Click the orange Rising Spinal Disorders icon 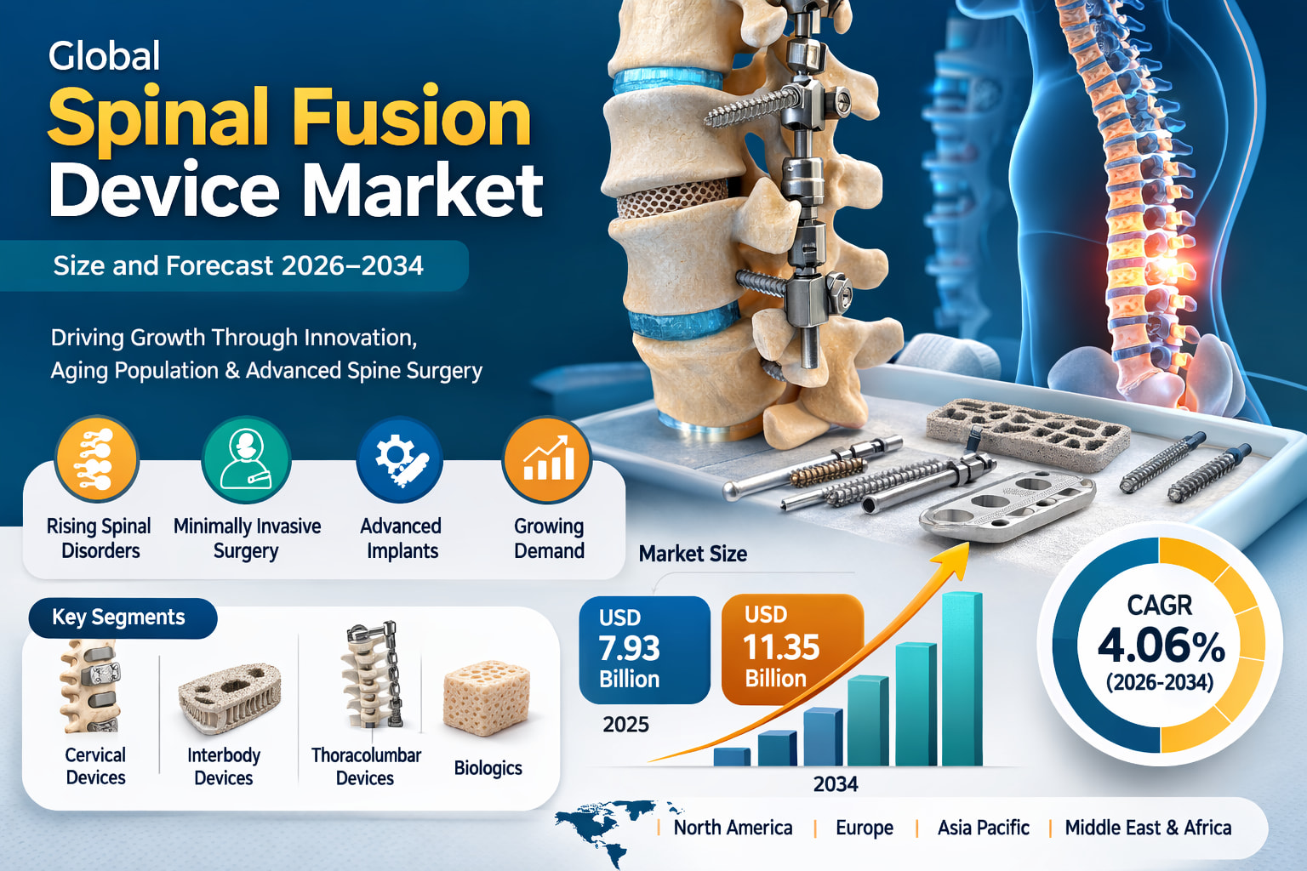pyautogui.click(x=97, y=460)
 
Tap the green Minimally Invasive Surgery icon pyautogui.click(x=247, y=460)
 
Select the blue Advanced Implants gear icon pyautogui.click(x=400, y=460)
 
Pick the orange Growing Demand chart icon pyautogui.click(x=547, y=460)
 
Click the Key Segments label pyautogui.click(x=119, y=618)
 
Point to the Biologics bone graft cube pyautogui.click(x=486, y=699)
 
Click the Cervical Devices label pyautogui.click(x=95, y=766)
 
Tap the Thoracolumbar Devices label pyautogui.click(x=366, y=766)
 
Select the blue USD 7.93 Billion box pyautogui.click(x=644, y=650)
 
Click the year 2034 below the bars pyautogui.click(x=835, y=784)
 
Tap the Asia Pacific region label pyautogui.click(x=983, y=828)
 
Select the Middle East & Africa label pyautogui.click(x=1148, y=828)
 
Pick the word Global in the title pyautogui.click(x=105, y=57)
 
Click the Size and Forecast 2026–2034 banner pyautogui.click(x=237, y=266)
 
